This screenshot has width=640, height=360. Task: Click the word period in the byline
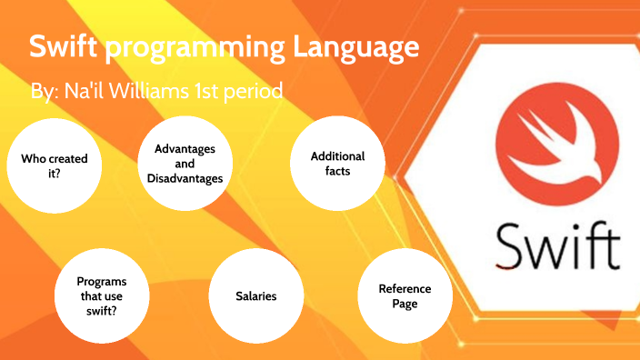pos(257,92)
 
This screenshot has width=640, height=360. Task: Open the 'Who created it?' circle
pos(55,165)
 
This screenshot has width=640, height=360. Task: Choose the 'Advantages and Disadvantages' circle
pos(185,164)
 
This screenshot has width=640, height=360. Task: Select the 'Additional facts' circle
pos(336,164)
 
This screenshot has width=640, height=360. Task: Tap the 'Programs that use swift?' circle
pos(102,296)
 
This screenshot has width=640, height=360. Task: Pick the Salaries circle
pos(255,296)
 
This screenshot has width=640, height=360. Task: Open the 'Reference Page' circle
pos(405,296)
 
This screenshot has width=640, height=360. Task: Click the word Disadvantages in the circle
pos(185,179)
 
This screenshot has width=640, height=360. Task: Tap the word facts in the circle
pos(337,171)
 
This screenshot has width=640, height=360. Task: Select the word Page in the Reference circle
pos(405,304)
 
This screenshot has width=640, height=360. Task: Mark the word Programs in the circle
pos(102,282)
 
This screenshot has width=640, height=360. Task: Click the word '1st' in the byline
pos(221,92)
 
